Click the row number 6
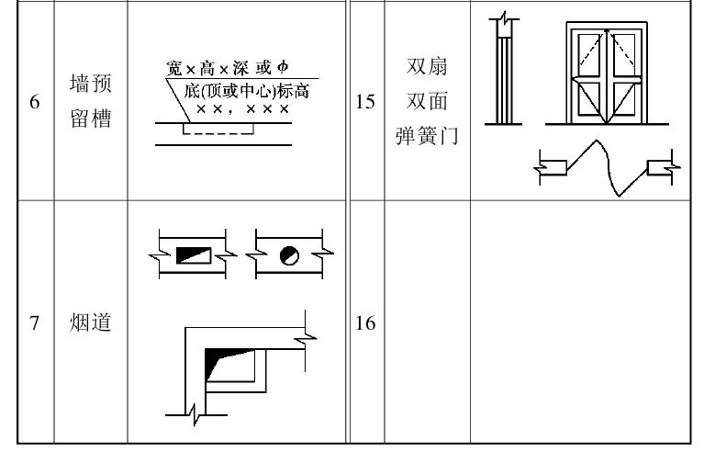pyautogui.click(x=34, y=103)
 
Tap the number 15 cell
pyautogui.click(x=367, y=103)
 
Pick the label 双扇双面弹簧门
pyautogui.click(x=426, y=103)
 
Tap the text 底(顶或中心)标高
pyautogui.click(x=240, y=91)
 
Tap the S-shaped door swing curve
pyautogui.click(x=599, y=165)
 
